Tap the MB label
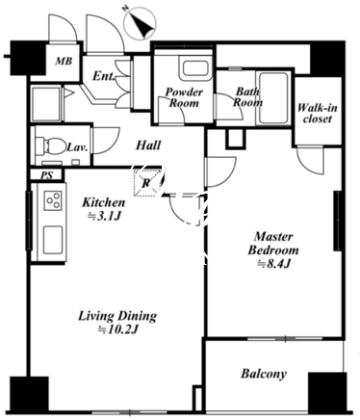64,61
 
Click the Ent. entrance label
104,76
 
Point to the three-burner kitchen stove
53,200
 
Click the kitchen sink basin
53,240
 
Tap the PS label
47,175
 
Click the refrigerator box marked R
146,183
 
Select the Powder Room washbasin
195,70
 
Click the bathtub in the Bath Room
272,98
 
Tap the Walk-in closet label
318,113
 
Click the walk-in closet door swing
310,159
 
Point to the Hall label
148,145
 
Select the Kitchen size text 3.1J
104,217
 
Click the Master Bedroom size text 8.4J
273,264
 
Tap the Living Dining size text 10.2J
118,329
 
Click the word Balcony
264,374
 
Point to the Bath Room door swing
228,107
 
